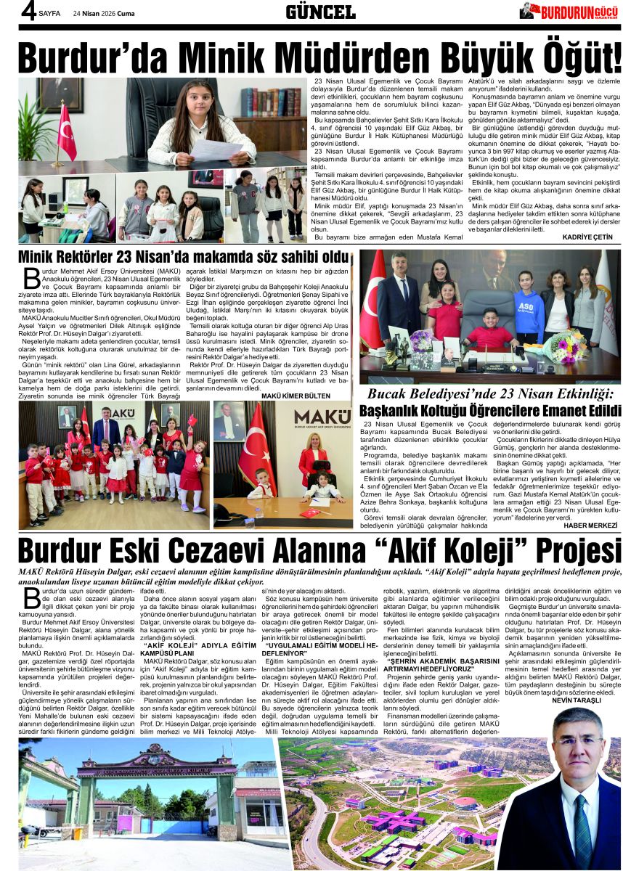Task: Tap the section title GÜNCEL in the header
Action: coord(320,12)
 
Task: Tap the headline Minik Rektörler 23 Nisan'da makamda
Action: coord(184,258)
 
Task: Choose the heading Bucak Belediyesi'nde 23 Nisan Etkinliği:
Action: coord(491,395)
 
